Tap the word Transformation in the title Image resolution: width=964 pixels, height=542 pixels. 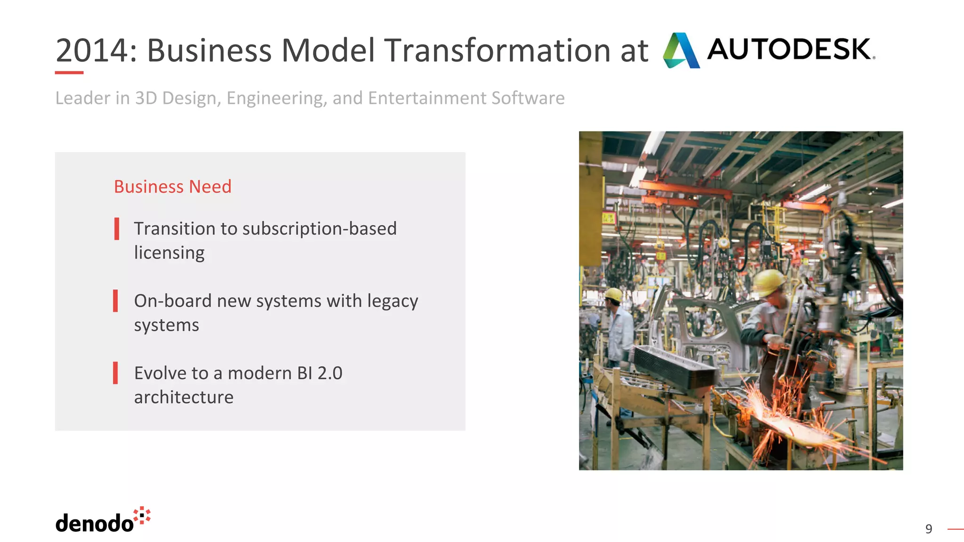coord(498,50)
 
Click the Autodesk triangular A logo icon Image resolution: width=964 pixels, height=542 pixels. coord(681,50)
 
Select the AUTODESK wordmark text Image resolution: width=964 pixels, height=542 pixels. coord(790,49)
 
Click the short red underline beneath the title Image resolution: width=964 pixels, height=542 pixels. coord(69,72)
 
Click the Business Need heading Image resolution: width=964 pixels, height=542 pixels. coord(172,187)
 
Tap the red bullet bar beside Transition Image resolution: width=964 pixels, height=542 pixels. coord(116,229)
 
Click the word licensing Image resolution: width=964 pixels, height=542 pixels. coord(169,253)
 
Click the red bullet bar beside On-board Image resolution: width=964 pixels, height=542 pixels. coord(115,301)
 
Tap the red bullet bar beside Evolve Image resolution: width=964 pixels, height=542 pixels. coord(115,373)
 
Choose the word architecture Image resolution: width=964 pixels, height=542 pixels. coord(184,398)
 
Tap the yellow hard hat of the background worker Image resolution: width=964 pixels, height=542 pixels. coord(613,295)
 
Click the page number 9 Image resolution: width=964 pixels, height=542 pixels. coord(928,529)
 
